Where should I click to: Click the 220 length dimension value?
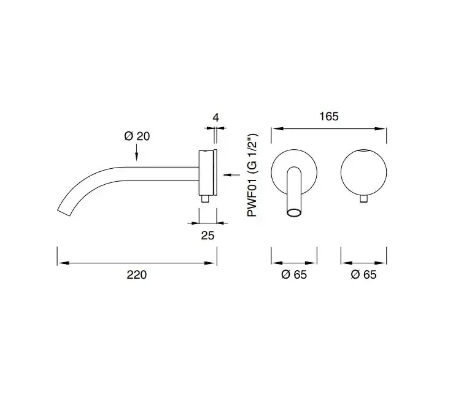[137, 274]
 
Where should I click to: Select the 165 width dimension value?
[328, 117]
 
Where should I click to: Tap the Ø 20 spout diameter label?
[137, 136]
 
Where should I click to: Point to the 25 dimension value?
[207, 235]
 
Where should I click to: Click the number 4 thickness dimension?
[216, 118]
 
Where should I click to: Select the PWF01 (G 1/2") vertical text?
[252, 176]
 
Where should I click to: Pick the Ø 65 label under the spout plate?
[294, 274]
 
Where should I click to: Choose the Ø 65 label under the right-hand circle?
[363, 274]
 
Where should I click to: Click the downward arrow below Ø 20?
[136, 153]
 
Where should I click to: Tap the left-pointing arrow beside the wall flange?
[231, 175]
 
